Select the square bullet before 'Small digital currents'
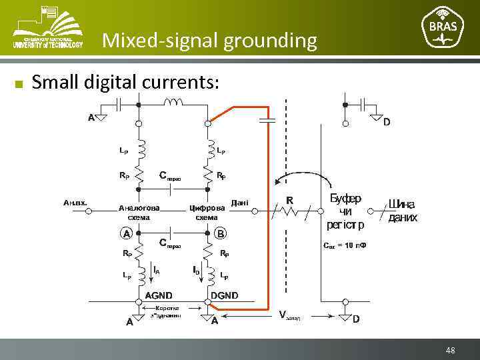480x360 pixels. coord(19,84)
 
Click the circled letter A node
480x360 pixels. coord(125,234)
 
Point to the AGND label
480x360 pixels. coord(159,295)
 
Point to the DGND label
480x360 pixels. coord(224,295)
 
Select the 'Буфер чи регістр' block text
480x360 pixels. coord(345,211)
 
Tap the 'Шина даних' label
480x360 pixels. coord(403,211)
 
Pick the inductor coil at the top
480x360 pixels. coord(174,102)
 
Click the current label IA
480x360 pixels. coord(155,270)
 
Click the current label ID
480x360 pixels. coord(196,270)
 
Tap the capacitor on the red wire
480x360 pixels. coord(268,121)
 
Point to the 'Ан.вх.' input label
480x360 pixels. coord(75,201)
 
